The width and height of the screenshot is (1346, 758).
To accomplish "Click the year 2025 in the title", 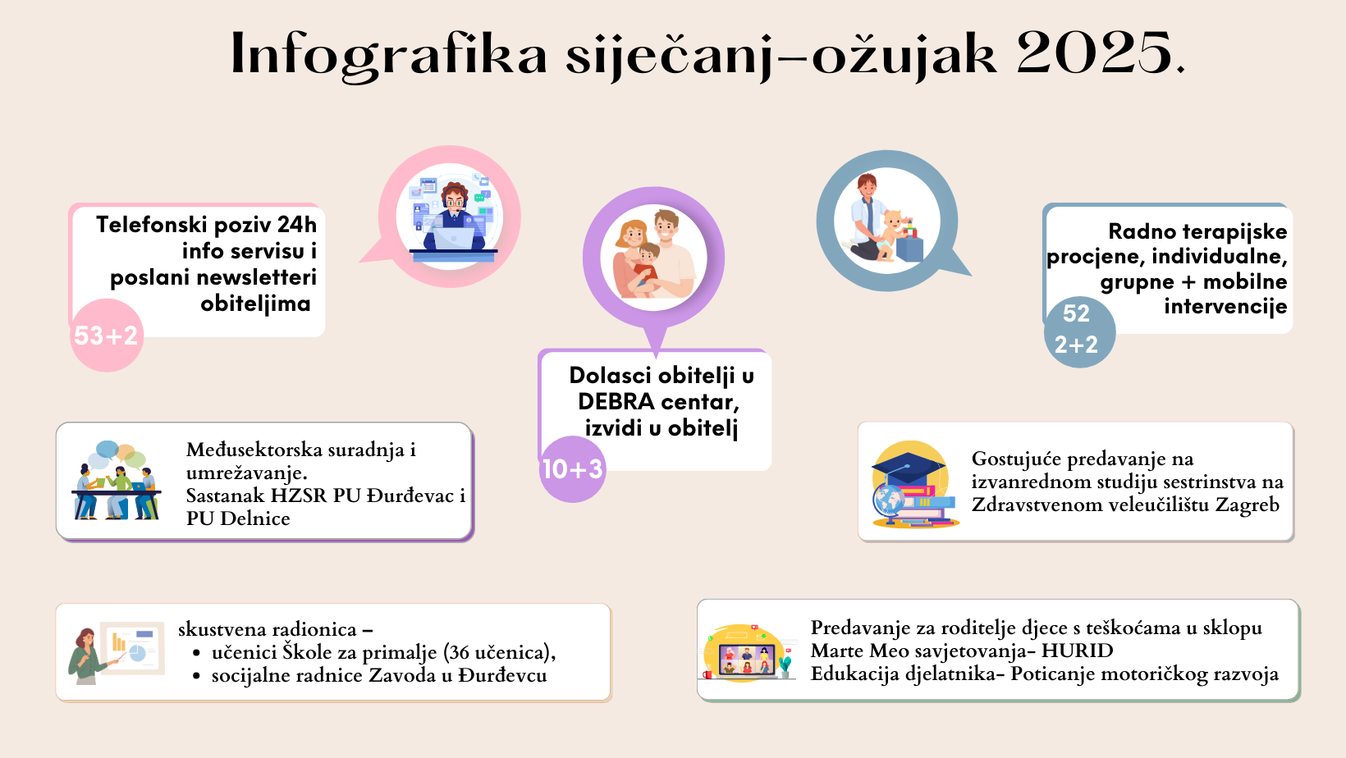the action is pyautogui.click(x=1095, y=53).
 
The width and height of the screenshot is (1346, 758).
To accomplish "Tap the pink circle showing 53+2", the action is pyautogui.click(x=107, y=336).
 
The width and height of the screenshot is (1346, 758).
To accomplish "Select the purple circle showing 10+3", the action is pyautogui.click(x=572, y=468).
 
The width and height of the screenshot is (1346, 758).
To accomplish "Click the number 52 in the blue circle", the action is pyautogui.click(x=1076, y=313).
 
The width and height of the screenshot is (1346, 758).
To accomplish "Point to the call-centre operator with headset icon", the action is pyautogui.click(x=452, y=219).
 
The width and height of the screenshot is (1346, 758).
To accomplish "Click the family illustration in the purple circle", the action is pyautogui.click(x=654, y=255).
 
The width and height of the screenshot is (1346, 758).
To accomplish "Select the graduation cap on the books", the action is pyautogui.click(x=909, y=468).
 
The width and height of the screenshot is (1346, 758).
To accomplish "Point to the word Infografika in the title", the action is pyautogui.click(x=389, y=55).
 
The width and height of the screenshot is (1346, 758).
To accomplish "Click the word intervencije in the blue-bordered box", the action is pyautogui.click(x=1225, y=306).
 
